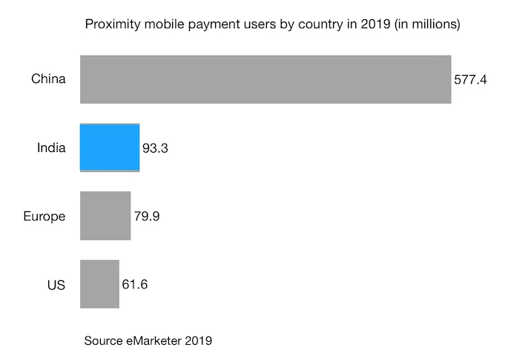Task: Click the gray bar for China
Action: point(266,79)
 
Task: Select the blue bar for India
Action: point(109,148)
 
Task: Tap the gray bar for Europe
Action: point(105,216)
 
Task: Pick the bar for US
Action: point(99,284)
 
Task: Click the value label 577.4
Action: point(470,80)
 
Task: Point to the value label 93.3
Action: point(156,148)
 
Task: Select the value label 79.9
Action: point(147,216)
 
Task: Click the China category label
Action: point(48,79)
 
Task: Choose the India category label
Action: point(51,148)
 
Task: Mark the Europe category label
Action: point(44,216)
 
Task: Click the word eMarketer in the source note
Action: point(151,341)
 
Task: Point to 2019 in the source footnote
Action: point(198,341)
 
